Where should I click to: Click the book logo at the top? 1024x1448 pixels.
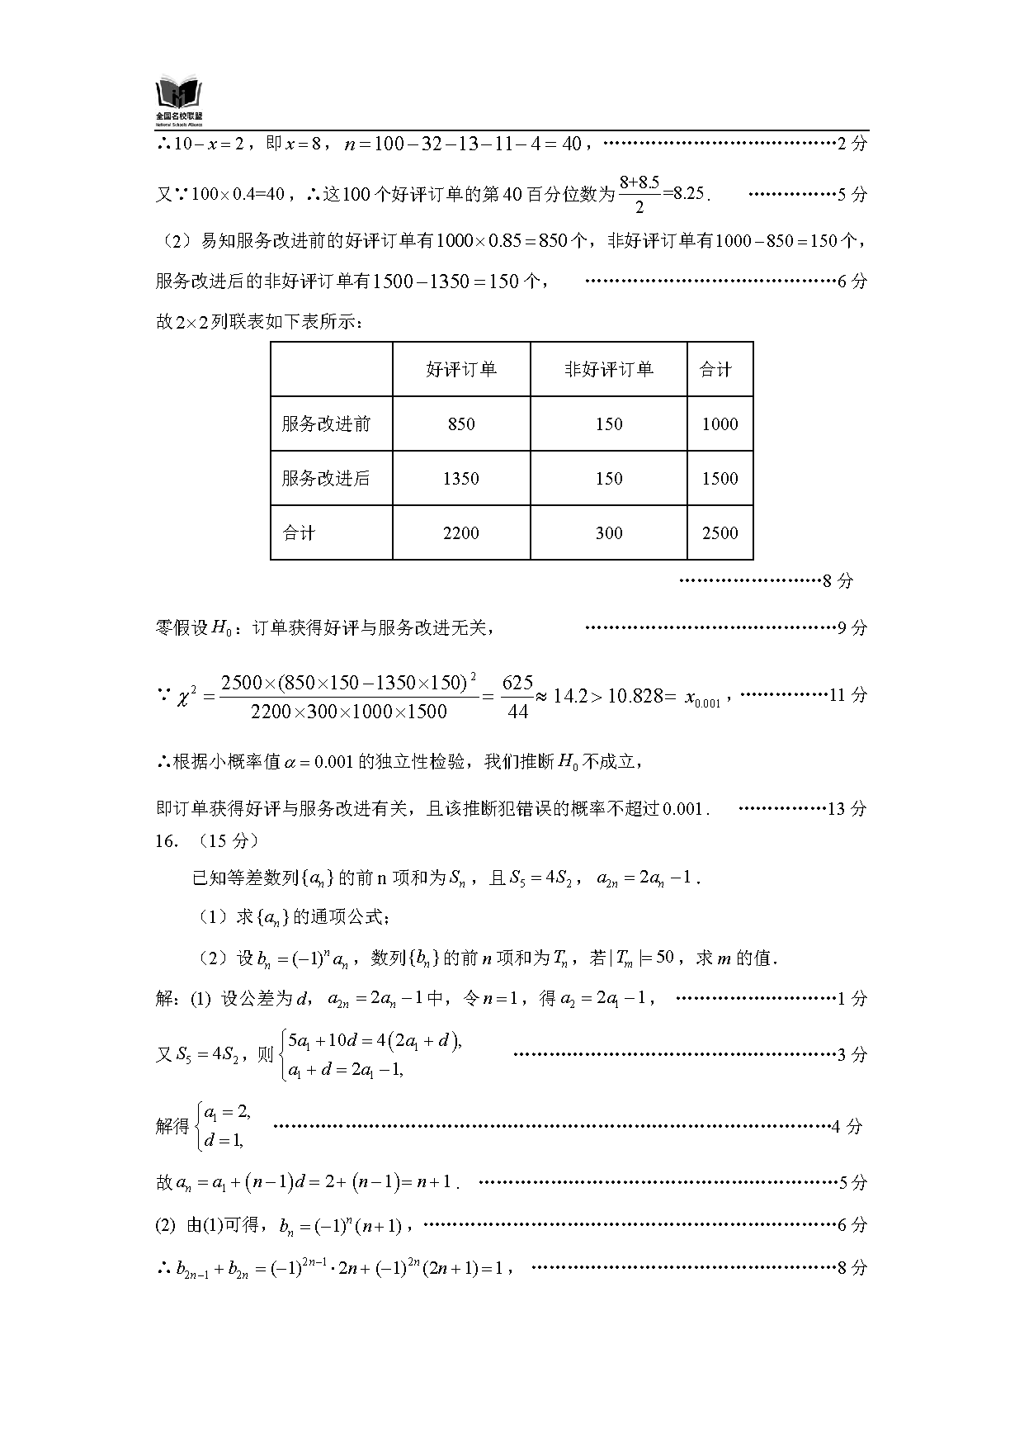(178, 98)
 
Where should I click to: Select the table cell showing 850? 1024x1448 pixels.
(460, 424)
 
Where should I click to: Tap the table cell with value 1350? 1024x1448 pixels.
(460, 479)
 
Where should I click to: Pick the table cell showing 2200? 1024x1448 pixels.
(460, 533)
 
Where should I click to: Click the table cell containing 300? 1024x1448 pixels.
(608, 533)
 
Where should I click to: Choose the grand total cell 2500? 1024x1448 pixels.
(720, 533)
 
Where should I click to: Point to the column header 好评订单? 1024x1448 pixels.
(460, 370)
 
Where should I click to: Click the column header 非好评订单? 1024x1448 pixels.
(608, 370)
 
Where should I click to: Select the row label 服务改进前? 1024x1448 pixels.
(326, 424)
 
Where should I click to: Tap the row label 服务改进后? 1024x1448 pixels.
(326, 479)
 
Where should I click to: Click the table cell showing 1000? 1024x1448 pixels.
(720, 424)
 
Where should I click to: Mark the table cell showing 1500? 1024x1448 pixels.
(720, 479)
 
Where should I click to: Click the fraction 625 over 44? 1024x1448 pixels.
(517, 696)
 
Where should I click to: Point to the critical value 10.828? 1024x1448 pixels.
(635, 696)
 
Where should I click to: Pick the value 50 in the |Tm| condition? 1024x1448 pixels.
(665, 957)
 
